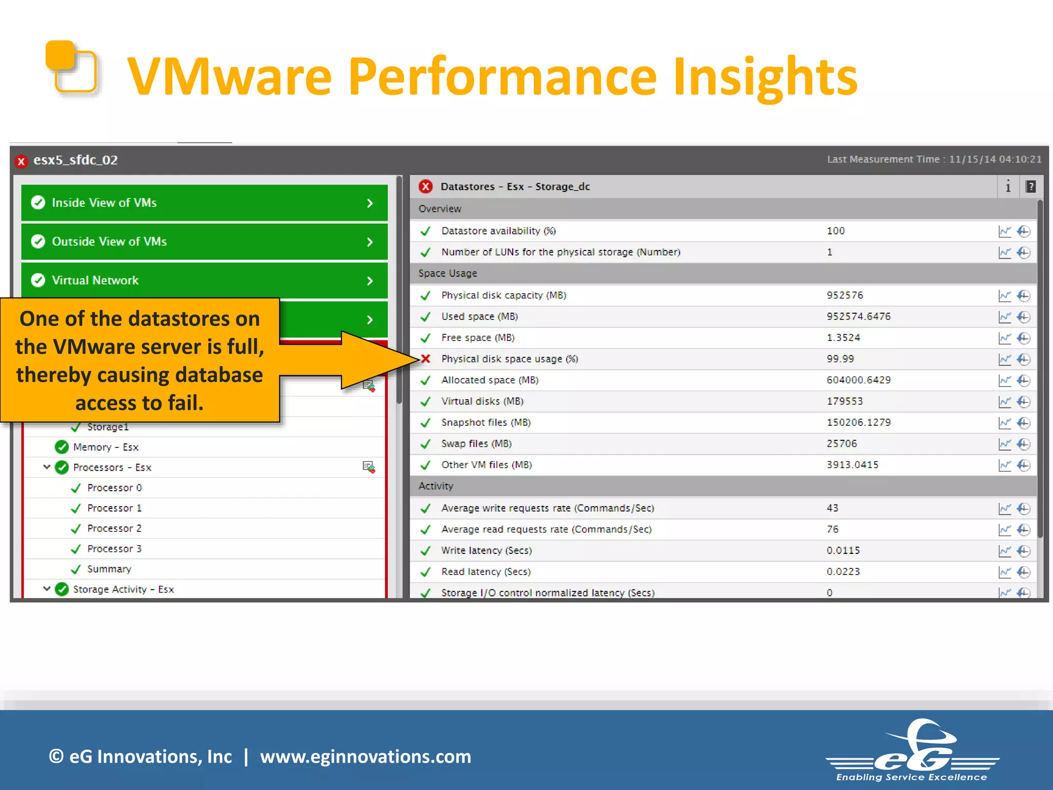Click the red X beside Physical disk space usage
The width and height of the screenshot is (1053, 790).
click(426, 359)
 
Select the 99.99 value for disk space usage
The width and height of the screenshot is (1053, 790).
click(840, 359)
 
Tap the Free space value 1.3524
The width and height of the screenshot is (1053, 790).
click(843, 338)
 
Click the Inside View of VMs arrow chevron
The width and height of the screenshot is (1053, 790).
click(370, 203)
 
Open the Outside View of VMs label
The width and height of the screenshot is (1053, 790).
click(109, 242)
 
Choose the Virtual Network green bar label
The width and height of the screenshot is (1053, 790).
click(95, 280)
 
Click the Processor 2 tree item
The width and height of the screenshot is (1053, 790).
click(114, 528)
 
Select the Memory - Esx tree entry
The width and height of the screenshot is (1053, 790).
click(105, 447)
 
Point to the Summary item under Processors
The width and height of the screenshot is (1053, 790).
click(109, 569)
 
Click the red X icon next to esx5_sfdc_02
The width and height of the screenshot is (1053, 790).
click(21, 161)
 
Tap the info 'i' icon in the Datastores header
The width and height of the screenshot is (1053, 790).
click(1008, 187)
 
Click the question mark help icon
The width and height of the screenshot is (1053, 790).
click(1030, 187)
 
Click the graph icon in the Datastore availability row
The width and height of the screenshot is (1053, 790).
click(1004, 231)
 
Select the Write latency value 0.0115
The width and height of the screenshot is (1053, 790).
click(843, 550)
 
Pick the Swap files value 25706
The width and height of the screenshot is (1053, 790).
click(842, 443)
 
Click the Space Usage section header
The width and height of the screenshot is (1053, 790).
click(447, 274)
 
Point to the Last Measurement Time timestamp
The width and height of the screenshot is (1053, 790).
click(934, 159)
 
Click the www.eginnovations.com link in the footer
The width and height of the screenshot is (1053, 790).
click(365, 757)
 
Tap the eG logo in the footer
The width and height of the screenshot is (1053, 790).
click(912, 751)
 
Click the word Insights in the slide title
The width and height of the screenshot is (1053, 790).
click(765, 77)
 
